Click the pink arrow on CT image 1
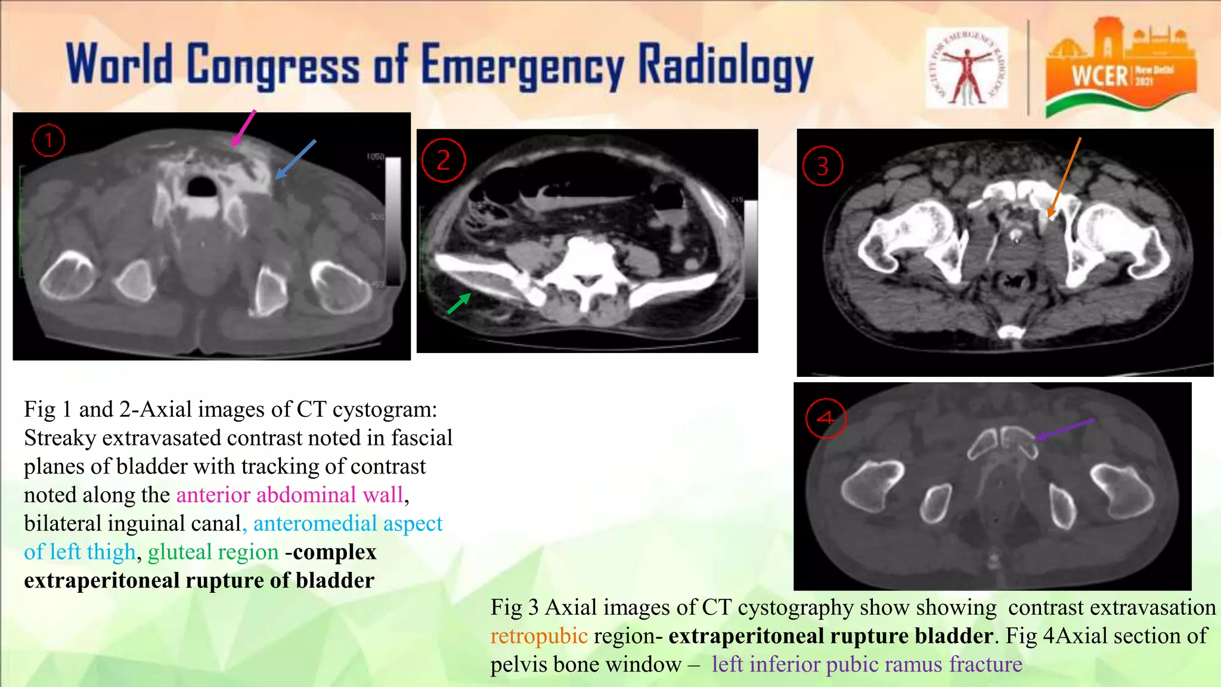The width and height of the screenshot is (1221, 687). click(x=243, y=128)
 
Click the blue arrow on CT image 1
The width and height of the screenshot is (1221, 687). click(x=296, y=159)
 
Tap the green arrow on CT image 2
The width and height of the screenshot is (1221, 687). click(x=459, y=304)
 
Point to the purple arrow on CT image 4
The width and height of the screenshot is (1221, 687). click(x=1064, y=429)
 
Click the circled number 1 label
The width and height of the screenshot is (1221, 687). click(x=48, y=140)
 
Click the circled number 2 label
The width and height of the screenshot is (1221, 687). click(x=443, y=160)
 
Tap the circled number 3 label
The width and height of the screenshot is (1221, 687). click(x=823, y=166)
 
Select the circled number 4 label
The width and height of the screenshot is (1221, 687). click(x=826, y=418)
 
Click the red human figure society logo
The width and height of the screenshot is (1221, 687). click(x=966, y=67)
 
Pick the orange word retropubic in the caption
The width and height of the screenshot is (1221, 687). click(x=539, y=636)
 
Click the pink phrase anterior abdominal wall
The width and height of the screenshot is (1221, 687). click(x=290, y=495)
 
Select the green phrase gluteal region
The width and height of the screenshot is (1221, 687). click(x=213, y=552)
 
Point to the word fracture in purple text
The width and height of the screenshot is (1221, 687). click(x=986, y=664)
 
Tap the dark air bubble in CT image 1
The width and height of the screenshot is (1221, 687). click(x=202, y=185)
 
